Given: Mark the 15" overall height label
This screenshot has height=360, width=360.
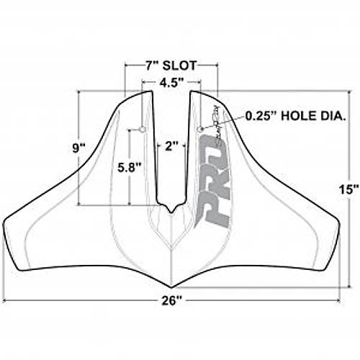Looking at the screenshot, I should [349, 189].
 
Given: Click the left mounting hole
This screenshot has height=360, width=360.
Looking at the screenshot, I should [142, 130].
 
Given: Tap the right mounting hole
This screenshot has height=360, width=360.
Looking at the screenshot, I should [200, 130].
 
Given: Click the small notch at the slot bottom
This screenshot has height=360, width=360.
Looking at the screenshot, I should [171, 209].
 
